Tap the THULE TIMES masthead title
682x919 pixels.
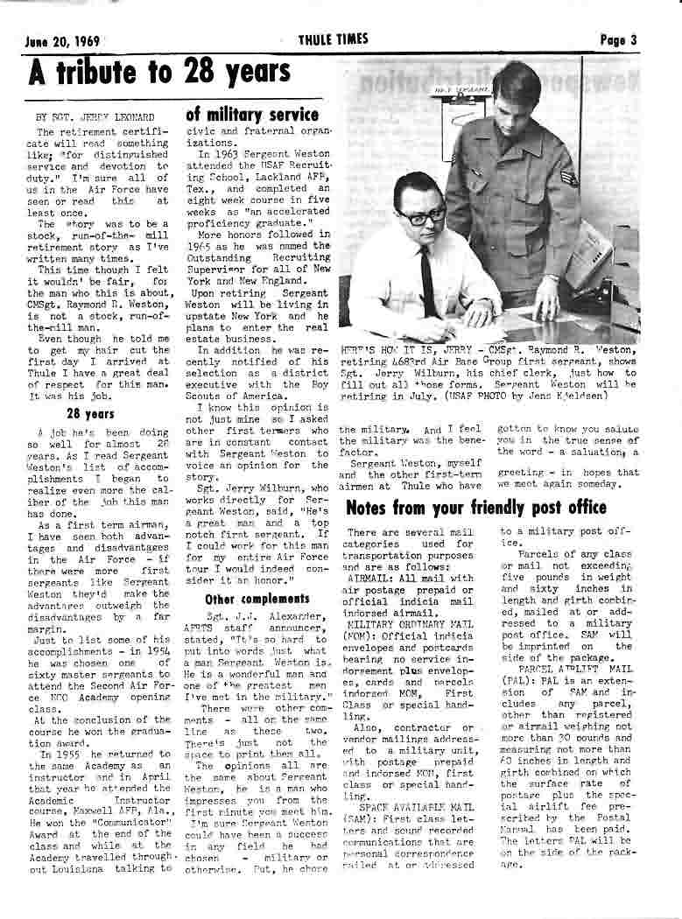pyautogui.click(x=334, y=39)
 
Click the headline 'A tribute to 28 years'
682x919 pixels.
pyautogui.click(x=159, y=73)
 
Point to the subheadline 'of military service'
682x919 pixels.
pyautogui.click(x=252, y=115)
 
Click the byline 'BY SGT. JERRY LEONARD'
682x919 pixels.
pyautogui.click(x=82, y=116)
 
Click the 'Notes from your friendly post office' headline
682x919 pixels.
pyautogui.click(x=476, y=508)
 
